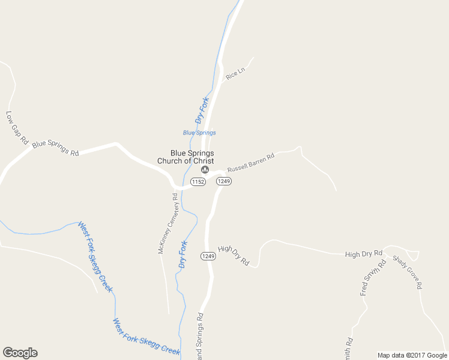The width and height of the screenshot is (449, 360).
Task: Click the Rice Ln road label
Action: click(235, 74)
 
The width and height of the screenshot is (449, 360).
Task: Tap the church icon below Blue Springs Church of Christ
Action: click(205, 170)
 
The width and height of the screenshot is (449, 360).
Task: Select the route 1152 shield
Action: click(198, 181)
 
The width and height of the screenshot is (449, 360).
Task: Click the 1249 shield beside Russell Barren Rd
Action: click(224, 181)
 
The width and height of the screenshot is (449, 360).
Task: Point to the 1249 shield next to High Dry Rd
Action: click(208, 256)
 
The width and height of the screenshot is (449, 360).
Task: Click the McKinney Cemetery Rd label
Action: click(168, 223)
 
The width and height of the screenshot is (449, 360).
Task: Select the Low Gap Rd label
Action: click(17, 127)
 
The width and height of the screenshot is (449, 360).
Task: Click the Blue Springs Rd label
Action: click(55, 148)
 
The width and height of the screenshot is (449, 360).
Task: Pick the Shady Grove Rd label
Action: click(408, 272)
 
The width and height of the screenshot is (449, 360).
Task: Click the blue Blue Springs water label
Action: click(199, 133)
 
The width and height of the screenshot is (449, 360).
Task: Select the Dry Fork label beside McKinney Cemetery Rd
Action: click(183, 254)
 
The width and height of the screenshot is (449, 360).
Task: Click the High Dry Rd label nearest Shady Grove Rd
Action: click(364, 254)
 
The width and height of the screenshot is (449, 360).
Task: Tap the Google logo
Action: click(20, 353)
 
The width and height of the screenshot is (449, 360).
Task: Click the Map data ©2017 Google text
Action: click(412, 355)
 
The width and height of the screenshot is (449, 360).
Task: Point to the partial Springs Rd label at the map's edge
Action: click(200, 336)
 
